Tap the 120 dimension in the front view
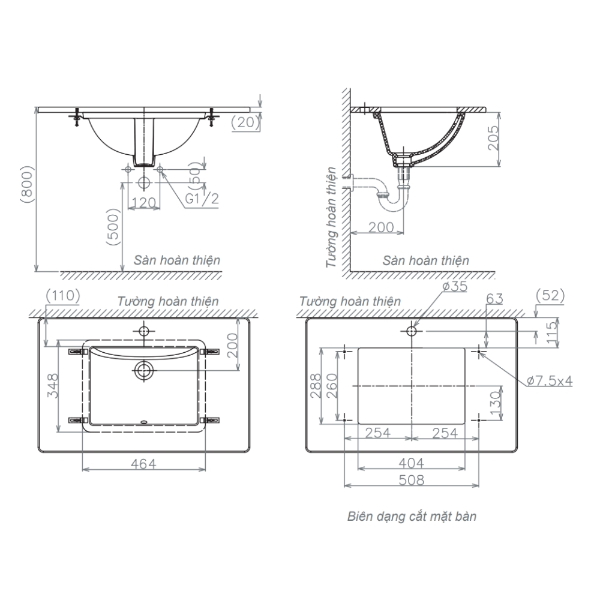[x=143, y=202]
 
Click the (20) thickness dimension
[x=245, y=122]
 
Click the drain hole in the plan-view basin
[x=143, y=370]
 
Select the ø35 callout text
[x=455, y=287]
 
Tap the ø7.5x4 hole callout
[x=550, y=380]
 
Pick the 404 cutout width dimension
[x=412, y=463]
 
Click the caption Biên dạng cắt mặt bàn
[x=412, y=517]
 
